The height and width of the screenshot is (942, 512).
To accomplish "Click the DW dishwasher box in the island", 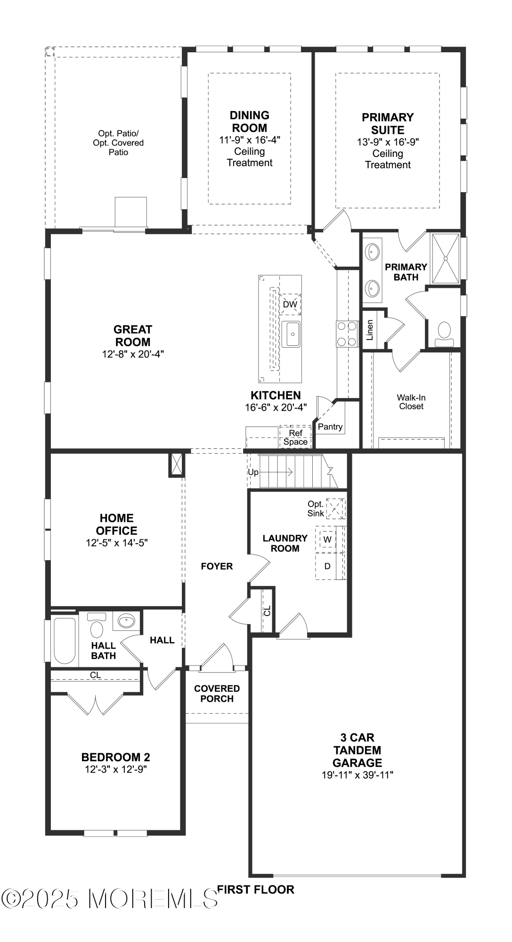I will [290, 304].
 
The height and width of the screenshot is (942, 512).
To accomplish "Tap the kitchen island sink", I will [291, 334].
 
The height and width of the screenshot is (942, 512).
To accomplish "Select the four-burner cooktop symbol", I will [346, 333].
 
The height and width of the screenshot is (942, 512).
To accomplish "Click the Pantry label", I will [330, 427].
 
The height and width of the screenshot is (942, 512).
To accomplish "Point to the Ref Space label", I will [295, 438].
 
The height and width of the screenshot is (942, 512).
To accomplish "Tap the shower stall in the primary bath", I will [445, 258].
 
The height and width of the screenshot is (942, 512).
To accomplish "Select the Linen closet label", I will [370, 330].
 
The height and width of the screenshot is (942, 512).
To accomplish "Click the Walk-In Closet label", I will [411, 402].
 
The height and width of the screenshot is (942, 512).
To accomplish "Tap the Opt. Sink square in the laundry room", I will [335, 509].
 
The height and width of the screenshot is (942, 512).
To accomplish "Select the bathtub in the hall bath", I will [65, 640].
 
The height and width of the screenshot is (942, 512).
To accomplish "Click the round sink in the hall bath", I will [126, 621].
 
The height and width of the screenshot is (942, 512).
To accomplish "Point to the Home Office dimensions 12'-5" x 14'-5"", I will [116, 543].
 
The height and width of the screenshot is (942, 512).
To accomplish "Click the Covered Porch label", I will [217, 694].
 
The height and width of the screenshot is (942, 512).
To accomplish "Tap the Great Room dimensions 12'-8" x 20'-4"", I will [133, 354].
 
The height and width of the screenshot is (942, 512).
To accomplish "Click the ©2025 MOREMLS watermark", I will [111, 899].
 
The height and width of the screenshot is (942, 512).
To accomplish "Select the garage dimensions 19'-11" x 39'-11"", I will [357, 775].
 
